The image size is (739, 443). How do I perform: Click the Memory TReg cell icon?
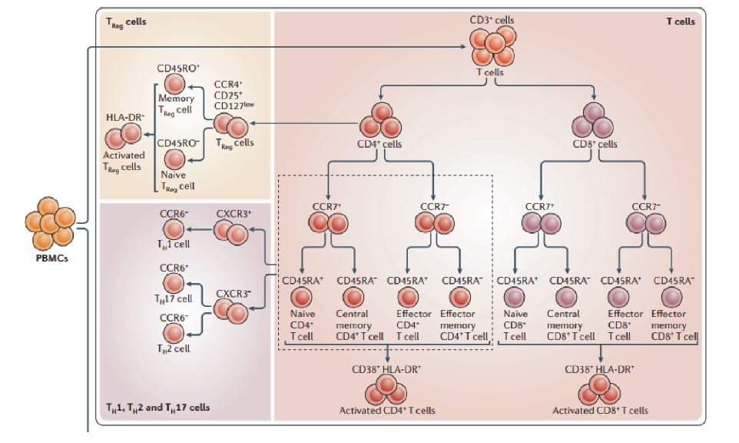click(175, 85)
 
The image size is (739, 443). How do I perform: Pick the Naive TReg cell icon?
click(175, 159)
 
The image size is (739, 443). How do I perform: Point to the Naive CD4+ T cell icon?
click(302, 297)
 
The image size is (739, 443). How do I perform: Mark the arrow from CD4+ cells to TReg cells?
click(307, 123)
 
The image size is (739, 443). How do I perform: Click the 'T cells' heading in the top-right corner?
click(680, 22)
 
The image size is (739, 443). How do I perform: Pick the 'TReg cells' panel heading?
click(126, 22)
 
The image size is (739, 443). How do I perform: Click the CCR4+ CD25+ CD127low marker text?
click(231, 94)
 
